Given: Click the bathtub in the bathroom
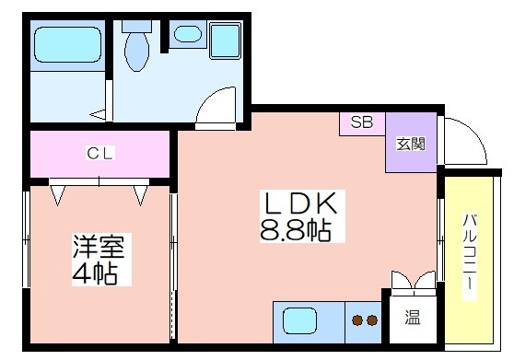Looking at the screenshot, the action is pos(67,44).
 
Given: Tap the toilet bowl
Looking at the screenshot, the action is pos(137,52).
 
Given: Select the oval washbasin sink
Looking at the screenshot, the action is pos(188,34).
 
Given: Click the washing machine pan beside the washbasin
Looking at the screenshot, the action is pos(225,41).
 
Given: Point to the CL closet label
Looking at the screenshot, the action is pos(100,154).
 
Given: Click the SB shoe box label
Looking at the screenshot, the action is pos(362,122).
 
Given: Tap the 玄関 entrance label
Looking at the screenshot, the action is pos(411,145).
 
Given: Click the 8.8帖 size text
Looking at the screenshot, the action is pos(295,230).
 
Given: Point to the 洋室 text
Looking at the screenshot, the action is pos(99,247).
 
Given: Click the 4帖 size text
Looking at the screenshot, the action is pos(95,273).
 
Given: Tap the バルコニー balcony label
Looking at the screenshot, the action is pos(470,251).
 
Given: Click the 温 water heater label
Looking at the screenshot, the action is pos(413,318).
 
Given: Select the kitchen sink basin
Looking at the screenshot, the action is pos(300,320).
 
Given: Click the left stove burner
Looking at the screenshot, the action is pos(357,320).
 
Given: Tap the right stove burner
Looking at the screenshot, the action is pos(372,320).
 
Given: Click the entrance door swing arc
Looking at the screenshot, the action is pos(474,132).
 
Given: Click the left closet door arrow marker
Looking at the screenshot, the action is pos(58,195).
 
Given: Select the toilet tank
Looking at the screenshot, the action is pos(136,27).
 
